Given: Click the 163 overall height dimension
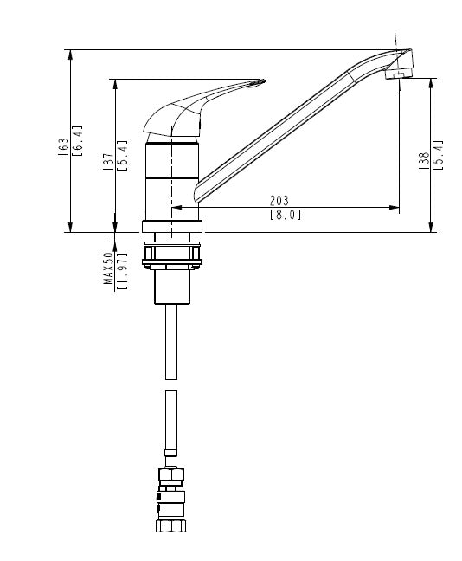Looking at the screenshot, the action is pyautogui.click(x=64, y=146).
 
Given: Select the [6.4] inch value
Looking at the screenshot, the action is pyautogui.click(x=78, y=140).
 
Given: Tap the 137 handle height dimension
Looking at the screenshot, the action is pyautogui.click(x=108, y=162).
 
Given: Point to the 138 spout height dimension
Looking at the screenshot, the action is pyautogui.click(x=424, y=161).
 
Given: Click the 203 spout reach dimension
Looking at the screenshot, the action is pyautogui.click(x=279, y=200).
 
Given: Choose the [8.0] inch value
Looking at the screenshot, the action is pyautogui.click(x=285, y=215).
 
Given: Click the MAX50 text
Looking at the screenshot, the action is pyautogui.click(x=108, y=268).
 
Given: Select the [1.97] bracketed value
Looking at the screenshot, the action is pyautogui.click(x=122, y=271).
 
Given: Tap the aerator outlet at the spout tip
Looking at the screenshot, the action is pyautogui.click(x=398, y=74).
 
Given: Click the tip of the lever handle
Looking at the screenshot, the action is pyautogui.click(x=264, y=81).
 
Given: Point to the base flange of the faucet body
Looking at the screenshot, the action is pyautogui.click(x=172, y=227).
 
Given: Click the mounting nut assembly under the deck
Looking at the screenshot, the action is pyautogui.click(x=172, y=255).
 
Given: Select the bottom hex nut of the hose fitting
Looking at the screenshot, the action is pyautogui.click(x=171, y=526).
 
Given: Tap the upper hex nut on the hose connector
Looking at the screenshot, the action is pyautogui.click(x=171, y=474).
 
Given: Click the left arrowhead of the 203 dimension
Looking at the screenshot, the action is pyautogui.click(x=177, y=207).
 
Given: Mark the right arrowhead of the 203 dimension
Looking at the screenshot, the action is pyautogui.click(x=394, y=207).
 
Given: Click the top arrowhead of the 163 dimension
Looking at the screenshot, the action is pyautogui.click(x=70, y=55).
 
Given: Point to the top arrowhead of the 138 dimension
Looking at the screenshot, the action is pyautogui.click(x=431, y=84).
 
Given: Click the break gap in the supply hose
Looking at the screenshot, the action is pyautogui.click(x=171, y=385).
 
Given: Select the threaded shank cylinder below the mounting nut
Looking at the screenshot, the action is pyautogui.click(x=171, y=287).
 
